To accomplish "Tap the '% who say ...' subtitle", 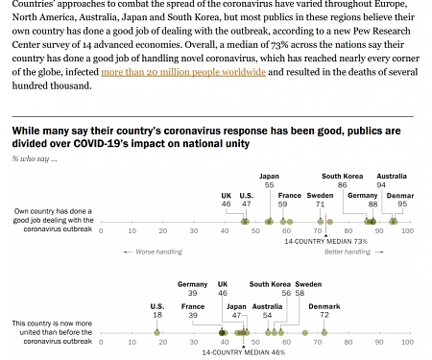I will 35,158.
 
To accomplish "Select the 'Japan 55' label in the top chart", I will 269,180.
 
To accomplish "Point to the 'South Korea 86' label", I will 342,180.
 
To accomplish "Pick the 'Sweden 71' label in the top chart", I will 320,200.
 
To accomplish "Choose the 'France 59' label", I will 289,200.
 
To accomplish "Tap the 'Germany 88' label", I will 362,200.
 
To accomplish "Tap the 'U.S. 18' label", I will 156,310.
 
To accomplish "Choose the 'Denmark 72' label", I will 324,310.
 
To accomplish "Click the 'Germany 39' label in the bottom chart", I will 192,289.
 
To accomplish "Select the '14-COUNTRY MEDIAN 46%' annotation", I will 244,352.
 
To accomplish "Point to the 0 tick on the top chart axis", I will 102,230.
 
